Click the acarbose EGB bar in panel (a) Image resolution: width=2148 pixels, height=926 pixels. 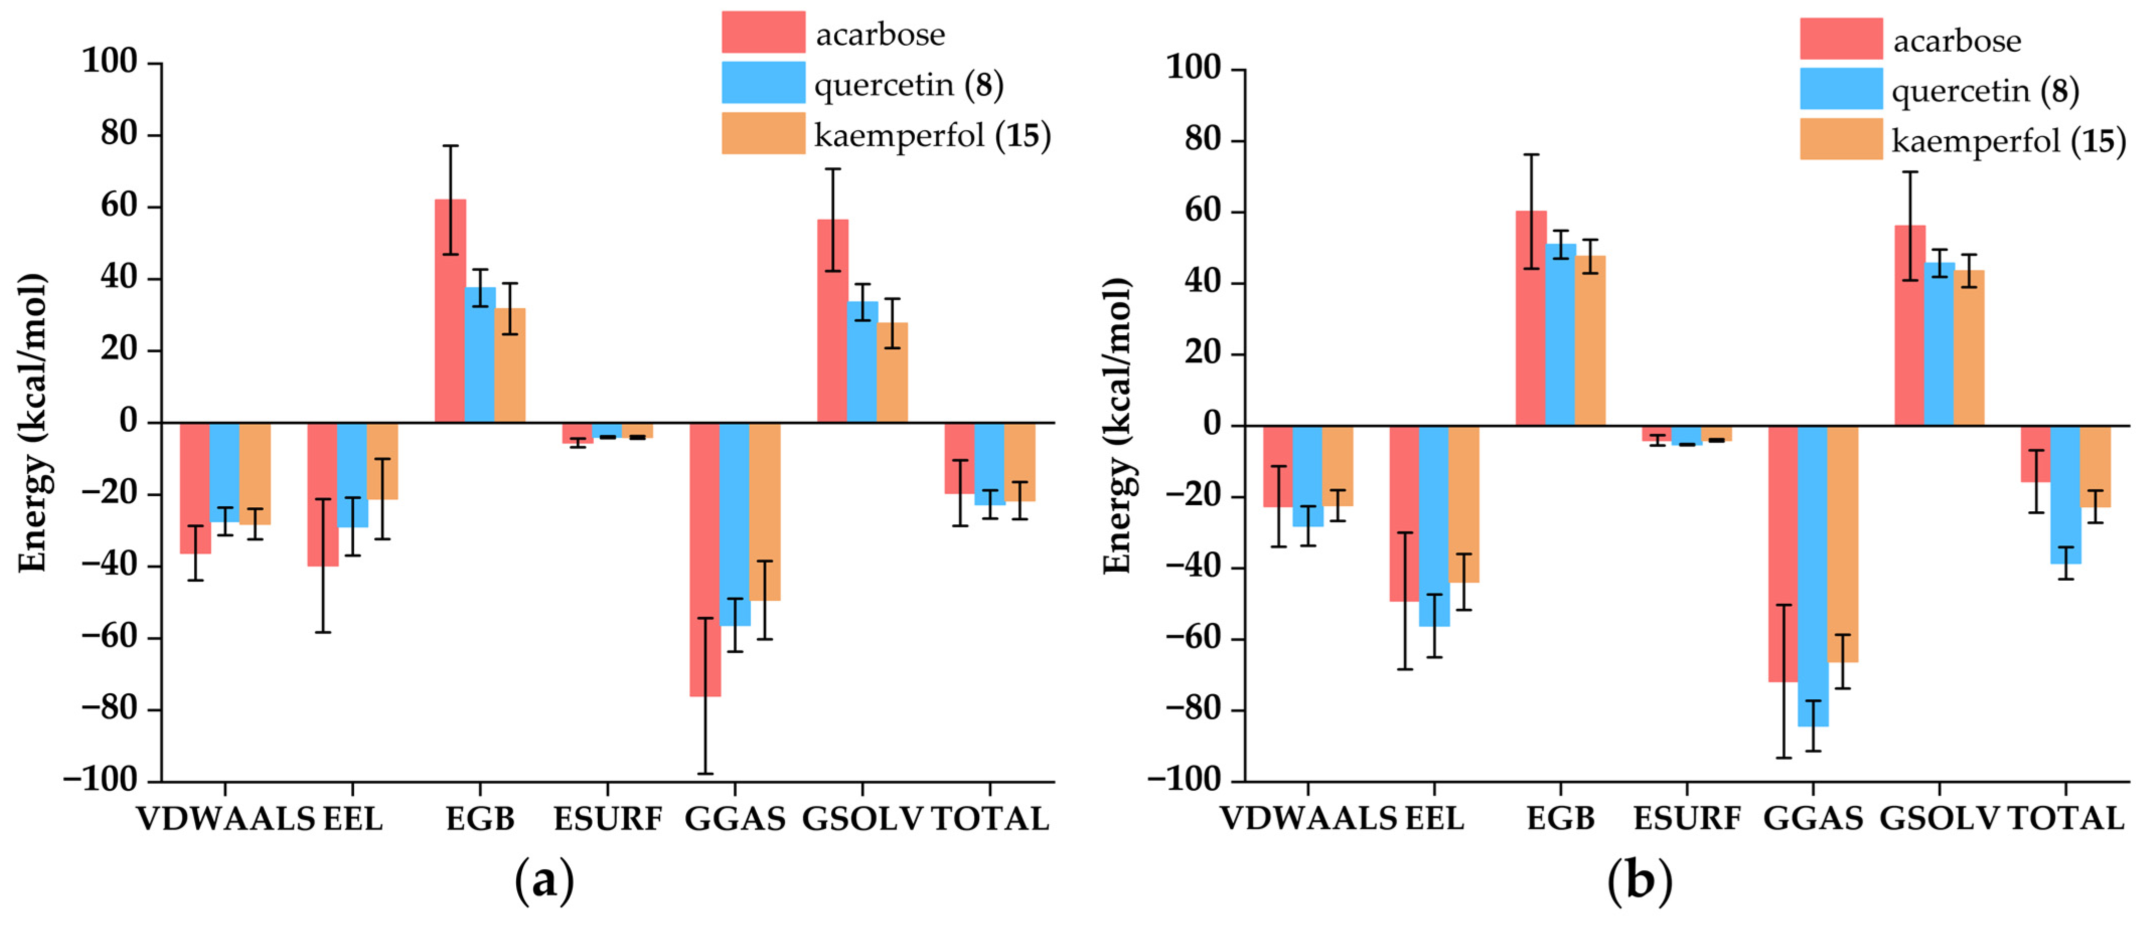point(450,311)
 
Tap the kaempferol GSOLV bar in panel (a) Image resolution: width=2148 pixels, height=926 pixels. point(892,373)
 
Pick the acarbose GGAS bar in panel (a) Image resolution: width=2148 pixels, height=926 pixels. point(704,559)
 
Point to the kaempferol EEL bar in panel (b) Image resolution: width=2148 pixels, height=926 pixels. point(1464,504)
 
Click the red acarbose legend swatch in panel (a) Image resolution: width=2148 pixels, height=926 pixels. point(763,32)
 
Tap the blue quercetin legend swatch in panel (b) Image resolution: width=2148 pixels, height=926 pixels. point(1841,89)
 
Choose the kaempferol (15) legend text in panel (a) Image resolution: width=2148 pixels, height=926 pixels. point(932,135)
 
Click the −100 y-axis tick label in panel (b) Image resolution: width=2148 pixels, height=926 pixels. point(1184,780)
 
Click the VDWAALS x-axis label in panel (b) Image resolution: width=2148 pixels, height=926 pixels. point(1308,818)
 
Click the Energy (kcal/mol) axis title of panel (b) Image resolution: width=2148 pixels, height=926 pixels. point(1118,425)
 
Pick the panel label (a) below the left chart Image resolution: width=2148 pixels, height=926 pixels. point(544,881)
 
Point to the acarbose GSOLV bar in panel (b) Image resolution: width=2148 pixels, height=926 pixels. point(1910,326)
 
